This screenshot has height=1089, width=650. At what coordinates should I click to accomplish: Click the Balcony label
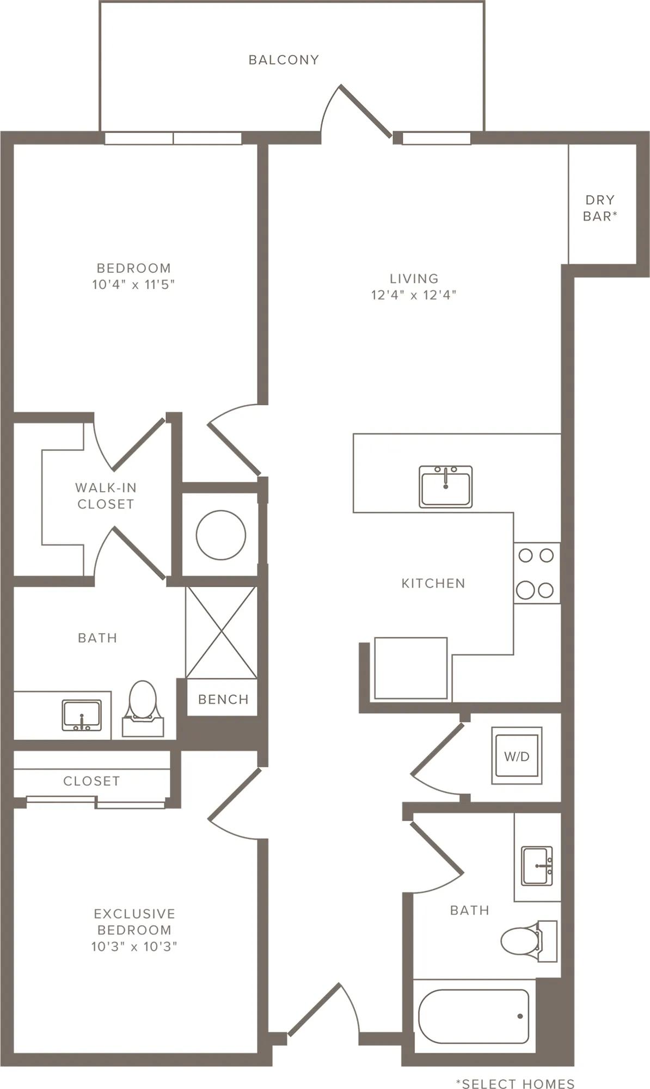[284, 60]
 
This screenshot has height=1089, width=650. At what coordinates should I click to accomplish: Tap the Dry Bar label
[600, 208]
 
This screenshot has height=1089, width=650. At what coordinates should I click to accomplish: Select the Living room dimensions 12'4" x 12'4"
[414, 295]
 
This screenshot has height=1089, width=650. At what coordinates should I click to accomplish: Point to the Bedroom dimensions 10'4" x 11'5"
[133, 284]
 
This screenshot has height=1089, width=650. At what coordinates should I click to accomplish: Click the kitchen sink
[446, 486]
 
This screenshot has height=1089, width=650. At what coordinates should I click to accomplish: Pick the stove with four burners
[537, 573]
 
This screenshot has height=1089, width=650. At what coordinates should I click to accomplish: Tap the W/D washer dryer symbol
[517, 755]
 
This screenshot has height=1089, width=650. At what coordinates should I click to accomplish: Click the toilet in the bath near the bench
[143, 708]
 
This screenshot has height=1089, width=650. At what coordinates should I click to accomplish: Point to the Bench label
[223, 699]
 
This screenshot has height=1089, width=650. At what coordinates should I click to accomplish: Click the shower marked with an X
[221, 632]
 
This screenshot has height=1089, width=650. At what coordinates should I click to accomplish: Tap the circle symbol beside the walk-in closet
[221, 535]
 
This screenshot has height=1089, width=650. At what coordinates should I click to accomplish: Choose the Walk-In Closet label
[106, 495]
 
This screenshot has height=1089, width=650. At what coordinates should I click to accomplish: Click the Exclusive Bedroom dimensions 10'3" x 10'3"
[134, 946]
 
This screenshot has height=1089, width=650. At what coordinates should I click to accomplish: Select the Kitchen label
[433, 584]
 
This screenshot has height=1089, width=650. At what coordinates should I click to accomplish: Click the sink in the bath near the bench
[82, 715]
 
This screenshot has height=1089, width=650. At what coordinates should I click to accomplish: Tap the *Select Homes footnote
[515, 1084]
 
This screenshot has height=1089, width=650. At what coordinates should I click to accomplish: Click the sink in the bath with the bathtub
[537, 866]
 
